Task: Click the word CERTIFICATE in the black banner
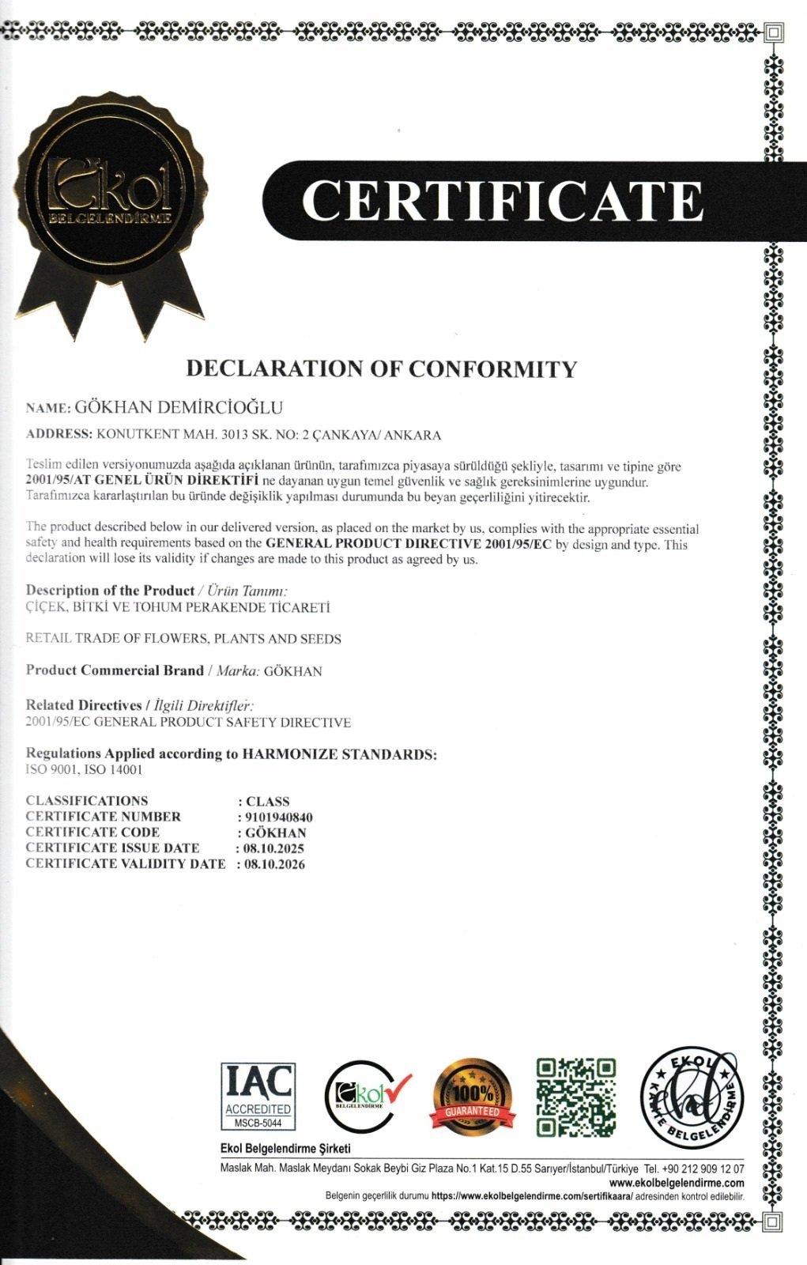502,201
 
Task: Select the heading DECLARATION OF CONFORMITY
381,368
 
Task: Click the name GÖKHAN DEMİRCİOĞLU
178,408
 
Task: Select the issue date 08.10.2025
273,848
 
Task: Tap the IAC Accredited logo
258,1096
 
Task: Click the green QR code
575,1097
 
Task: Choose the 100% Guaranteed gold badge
472,1097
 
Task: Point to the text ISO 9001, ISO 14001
84,769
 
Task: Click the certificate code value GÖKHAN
276,833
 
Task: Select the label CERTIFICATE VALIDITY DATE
126,864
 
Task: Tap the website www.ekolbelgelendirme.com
677,1183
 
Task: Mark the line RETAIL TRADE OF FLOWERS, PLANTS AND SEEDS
183,639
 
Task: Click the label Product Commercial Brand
115,670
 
